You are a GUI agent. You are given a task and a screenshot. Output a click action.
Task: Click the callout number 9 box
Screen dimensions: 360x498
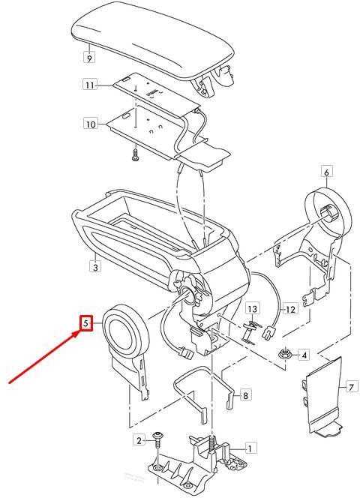click(89, 58)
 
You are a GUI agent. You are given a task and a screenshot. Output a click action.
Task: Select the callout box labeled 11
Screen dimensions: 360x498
click(90, 85)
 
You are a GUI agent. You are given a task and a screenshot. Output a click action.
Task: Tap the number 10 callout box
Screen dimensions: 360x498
click(91, 124)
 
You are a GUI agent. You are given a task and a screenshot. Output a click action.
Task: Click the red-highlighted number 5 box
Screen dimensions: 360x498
click(86, 323)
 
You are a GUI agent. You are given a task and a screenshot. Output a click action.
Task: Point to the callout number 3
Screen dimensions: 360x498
click(96, 267)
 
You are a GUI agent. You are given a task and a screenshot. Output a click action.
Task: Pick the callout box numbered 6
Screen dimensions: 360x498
click(326, 172)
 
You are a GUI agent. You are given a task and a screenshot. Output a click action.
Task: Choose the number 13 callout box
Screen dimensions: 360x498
click(252, 309)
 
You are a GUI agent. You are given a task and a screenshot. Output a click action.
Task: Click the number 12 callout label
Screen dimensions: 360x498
click(291, 309)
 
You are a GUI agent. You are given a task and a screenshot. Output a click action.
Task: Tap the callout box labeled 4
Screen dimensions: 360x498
click(304, 355)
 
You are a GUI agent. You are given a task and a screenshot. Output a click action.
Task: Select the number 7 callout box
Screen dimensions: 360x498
click(351, 388)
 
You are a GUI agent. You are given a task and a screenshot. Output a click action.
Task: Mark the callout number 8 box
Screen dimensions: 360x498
click(245, 396)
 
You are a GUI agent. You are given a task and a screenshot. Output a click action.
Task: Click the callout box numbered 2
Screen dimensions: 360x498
click(139, 440)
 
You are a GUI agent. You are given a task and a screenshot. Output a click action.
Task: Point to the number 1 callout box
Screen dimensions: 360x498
click(250, 448)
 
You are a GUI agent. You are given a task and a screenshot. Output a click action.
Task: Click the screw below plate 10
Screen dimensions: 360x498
click(136, 155)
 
